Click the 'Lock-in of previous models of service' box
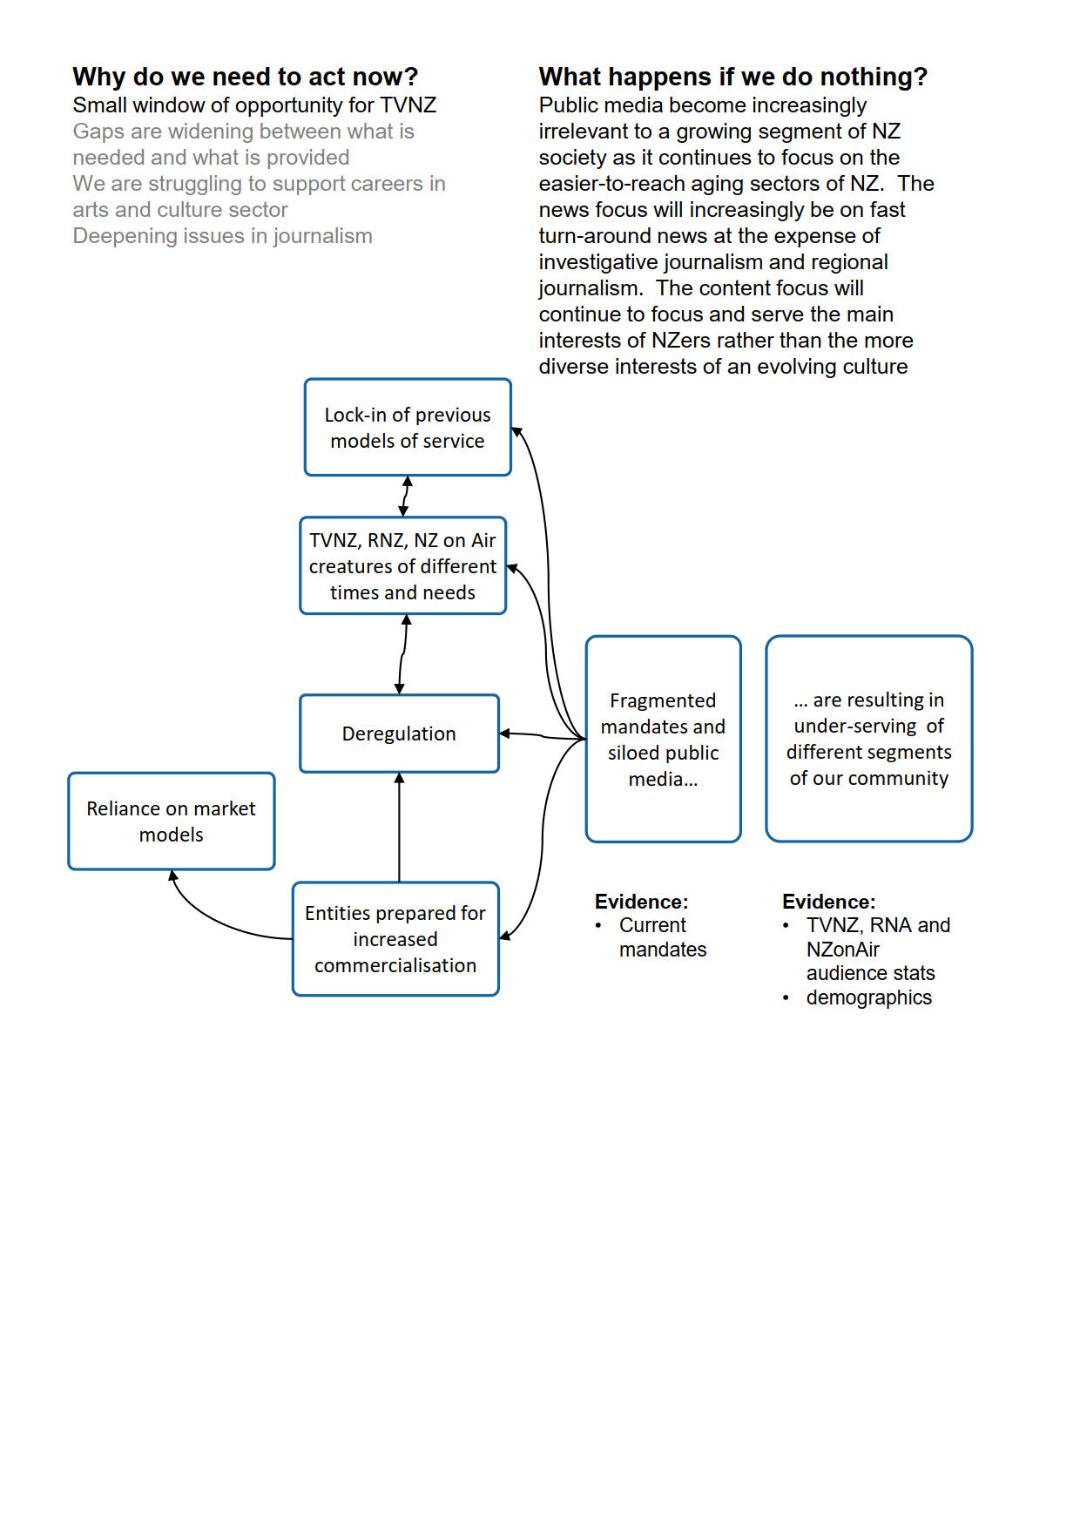pos(408,428)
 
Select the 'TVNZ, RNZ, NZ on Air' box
pos(402,566)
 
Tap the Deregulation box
pos(399,734)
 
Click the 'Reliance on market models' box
pos(171,821)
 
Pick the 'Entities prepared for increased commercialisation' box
pos(395,939)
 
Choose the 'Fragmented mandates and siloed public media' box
pos(663,739)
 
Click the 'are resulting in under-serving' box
pos(868,739)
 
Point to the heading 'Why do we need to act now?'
pos(245,77)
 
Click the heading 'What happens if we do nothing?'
pos(732,77)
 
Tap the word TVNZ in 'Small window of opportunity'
pos(408,105)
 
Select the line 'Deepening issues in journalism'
pos(222,236)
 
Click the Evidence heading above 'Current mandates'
pos(641,902)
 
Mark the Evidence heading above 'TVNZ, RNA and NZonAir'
pos(828,902)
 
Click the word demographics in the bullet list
pos(868,997)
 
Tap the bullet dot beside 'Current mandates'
pos(598,925)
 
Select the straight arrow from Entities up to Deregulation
pos(399,828)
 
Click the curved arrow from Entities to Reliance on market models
pos(218,919)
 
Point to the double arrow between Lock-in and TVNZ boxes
pos(405,497)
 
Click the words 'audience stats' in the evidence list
pos(870,973)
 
